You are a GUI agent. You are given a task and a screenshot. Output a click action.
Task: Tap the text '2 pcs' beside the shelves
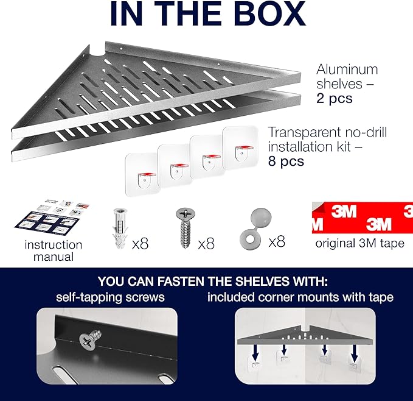(335, 98)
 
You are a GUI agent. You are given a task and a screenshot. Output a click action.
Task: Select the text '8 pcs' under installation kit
(286, 161)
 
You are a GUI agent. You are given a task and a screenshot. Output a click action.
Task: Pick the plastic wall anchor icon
(120, 228)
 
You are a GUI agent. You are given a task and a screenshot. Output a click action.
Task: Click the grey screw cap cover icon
(255, 228)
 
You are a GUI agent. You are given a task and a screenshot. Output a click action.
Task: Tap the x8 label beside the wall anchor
(140, 244)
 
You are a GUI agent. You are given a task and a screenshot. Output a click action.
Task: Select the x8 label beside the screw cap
(277, 242)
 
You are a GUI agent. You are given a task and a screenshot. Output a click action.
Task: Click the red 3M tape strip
(363, 218)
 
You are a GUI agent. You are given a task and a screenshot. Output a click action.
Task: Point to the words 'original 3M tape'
(360, 243)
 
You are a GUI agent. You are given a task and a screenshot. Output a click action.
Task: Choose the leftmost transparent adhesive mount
(143, 175)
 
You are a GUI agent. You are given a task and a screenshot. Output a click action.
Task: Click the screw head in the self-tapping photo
(88, 342)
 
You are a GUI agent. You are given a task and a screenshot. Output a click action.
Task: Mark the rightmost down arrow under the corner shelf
(355, 354)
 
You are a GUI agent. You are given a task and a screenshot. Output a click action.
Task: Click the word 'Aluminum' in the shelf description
(347, 69)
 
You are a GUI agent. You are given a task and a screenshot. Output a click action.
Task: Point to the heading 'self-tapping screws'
(110, 297)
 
